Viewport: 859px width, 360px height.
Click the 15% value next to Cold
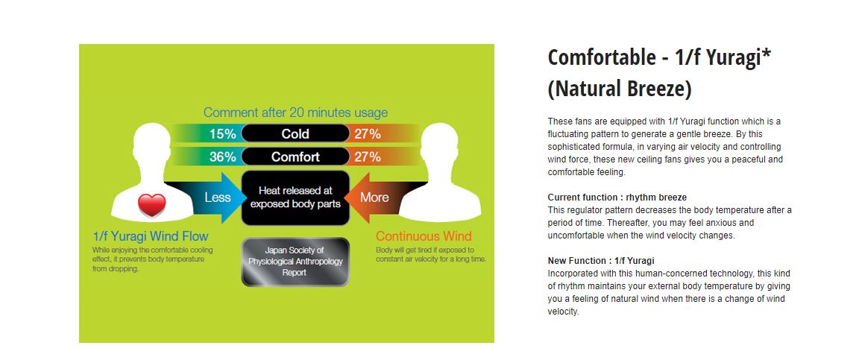pyautogui.click(x=222, y=133)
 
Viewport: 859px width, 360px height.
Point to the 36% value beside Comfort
pyautogui.click(x=222, y=157)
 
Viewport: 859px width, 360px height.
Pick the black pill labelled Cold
pyautogui.click(x=295, y=133)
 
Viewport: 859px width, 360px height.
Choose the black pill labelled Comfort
pyautogui.click(x=295, y=157)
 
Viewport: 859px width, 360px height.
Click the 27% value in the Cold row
pyautogui.click(x=368, y=133)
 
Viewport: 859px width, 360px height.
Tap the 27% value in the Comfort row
pyautogui.click(x=368, y=157)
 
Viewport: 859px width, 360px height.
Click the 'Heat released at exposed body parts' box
pyautogui.click(x=295, y=198)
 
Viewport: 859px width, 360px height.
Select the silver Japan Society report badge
pyautogui.click(x=295, y=262)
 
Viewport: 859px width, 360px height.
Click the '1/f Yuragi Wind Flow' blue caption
pyautogui.click(x=151, y=237)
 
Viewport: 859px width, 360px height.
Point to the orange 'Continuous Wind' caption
pyautogui.click(x=424, y=237)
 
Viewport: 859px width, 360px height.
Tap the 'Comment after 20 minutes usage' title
pyautogui.click(x=296, y=113)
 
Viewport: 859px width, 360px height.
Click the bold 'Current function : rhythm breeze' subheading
pyautogui.click(x=617, y=198)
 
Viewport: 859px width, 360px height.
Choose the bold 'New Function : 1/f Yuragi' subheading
pyautogui.click(x=601, y=261)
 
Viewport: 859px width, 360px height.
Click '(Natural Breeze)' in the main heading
pyautogui.click(x=620, y=89)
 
